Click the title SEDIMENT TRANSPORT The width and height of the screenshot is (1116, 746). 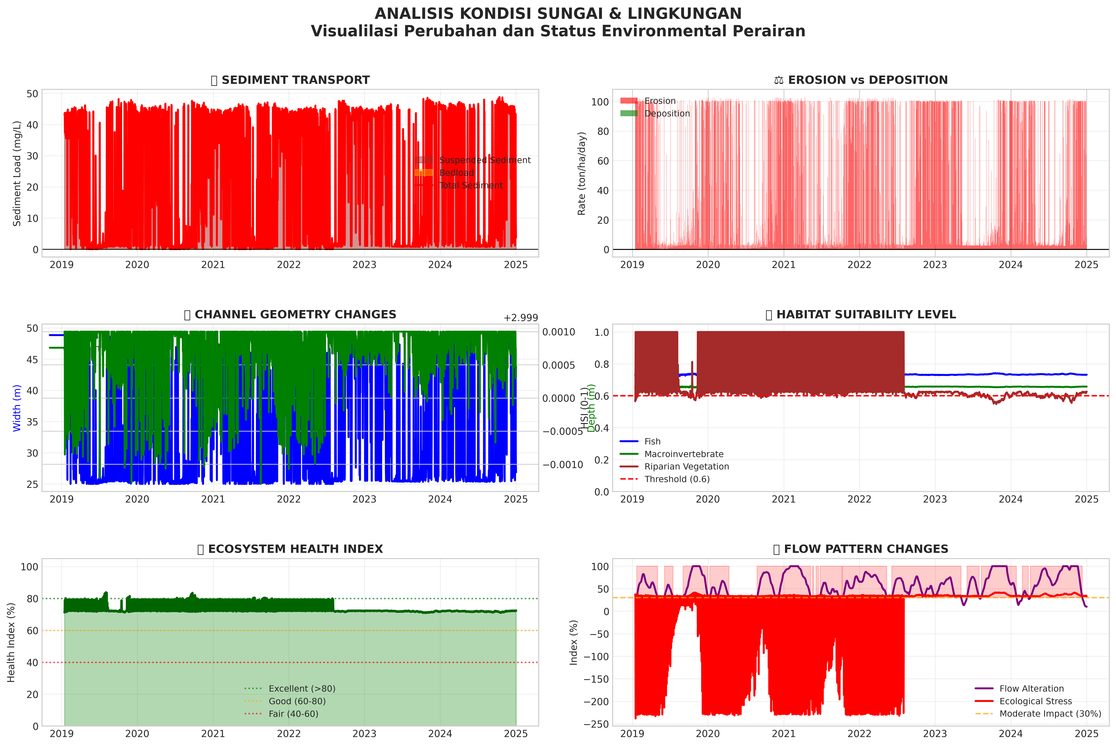point(295,80)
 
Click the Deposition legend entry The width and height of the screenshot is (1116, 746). point(667,114)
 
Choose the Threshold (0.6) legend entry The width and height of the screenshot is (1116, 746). point(677,479)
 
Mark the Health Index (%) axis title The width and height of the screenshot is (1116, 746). point(11,642)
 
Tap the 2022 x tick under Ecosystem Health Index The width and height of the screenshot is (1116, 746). point(289,734)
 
